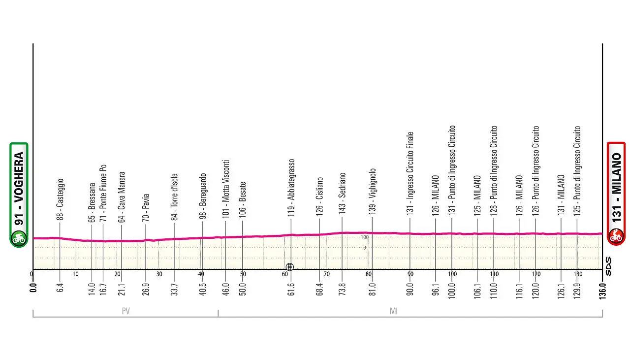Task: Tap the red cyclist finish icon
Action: pyautogui.click(x=616, y=236)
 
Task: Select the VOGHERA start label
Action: pyautogui.click(x=19, y=189)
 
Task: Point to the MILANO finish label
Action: pyautogui.click(x=616, y=187)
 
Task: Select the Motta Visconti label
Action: pyautogui.click(x=225, y=189)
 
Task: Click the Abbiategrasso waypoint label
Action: pyautogui.click(x=291, y=188)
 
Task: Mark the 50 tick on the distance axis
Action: pyautogui.click(x=243, y=274)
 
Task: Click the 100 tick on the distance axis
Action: pyautogui.click(x=452, y=274)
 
